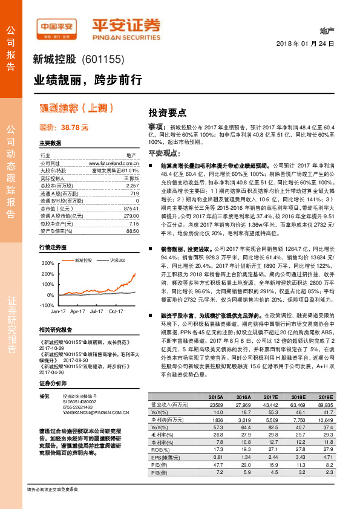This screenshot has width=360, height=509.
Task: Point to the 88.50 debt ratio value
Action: coord(131,230)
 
